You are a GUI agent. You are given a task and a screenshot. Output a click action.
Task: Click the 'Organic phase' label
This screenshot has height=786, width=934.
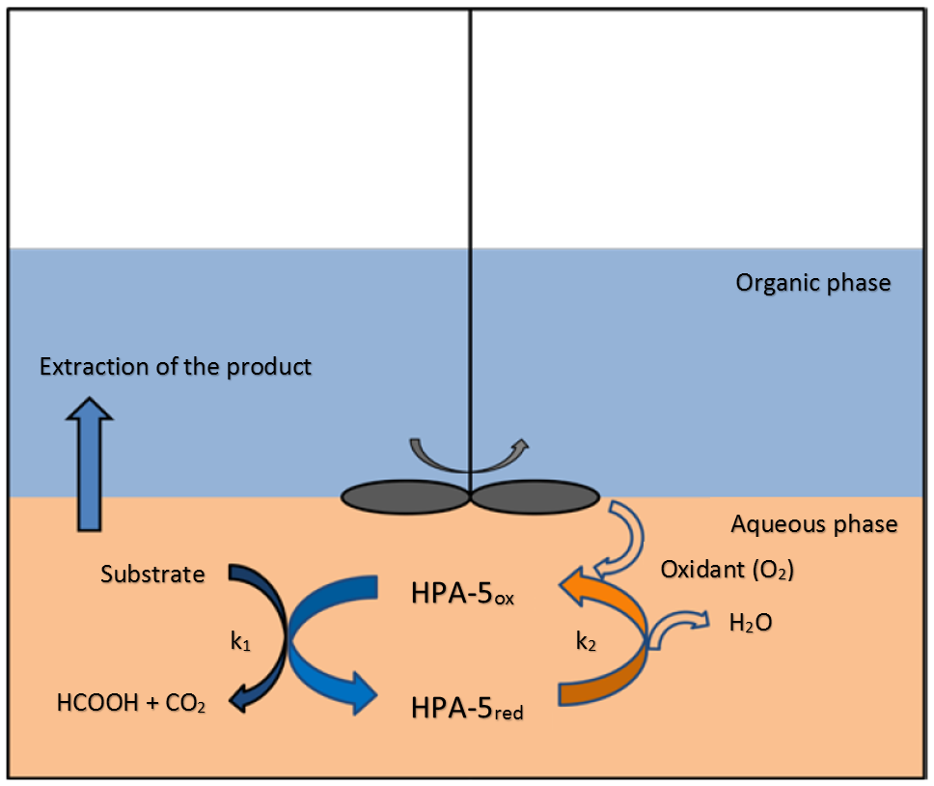pos(813,283)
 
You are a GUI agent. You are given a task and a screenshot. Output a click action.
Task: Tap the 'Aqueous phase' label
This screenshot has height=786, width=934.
pos(814,524)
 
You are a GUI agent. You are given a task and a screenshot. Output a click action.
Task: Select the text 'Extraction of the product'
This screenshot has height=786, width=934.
pos(176,367)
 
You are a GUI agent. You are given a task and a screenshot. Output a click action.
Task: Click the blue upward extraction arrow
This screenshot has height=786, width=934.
pos(90,463)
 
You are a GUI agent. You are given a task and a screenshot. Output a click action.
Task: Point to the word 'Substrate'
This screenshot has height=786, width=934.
pos(152,575)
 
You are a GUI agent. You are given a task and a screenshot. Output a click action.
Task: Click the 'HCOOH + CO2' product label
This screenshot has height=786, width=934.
pos(131,703)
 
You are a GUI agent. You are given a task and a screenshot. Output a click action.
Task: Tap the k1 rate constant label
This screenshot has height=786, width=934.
pos(240,642)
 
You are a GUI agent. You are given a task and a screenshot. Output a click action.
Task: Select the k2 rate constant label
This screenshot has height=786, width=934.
pos(586,642)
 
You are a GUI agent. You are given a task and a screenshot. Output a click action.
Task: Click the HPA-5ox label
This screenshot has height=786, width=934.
pos(462,594)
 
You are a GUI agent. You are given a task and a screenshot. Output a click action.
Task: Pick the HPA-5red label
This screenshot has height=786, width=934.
pos(467,709)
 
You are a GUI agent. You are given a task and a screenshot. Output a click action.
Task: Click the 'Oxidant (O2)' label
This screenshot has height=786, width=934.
pos(728,571)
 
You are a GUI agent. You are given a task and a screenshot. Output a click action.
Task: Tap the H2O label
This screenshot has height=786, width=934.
pos(751,624)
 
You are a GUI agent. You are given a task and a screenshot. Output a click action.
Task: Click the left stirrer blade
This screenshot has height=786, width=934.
pos(405,496)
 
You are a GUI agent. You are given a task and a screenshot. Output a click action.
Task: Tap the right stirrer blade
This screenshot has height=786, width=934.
pos(536,496)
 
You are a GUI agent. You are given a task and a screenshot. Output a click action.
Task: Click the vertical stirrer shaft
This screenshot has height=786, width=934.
pos(471,250)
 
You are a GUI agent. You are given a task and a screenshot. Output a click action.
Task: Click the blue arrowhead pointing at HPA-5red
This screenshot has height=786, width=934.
pos(365,693)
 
